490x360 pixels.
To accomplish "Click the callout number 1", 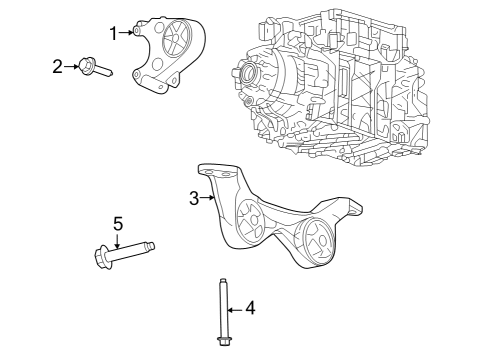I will click(x=113, y=32).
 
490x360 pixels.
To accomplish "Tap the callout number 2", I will click(x=57, y=66).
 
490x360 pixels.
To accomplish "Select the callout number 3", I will click(x=194, y=197).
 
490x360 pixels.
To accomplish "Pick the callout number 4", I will click(x=250, y=308).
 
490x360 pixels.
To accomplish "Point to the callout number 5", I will click(x=117, y=222).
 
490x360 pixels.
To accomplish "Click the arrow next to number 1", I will click(x=127, y=32).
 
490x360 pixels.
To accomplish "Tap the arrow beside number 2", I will click(x=72, y=66).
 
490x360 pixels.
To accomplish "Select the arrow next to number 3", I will click(x=208, y=197).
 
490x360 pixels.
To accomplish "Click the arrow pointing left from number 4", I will click(x=236, y=308).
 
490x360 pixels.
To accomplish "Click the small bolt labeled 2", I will click(x=95, y=69).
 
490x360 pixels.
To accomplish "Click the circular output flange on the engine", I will click(x=247, y=74).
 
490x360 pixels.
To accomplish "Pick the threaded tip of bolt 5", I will click(x=150, y=245).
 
